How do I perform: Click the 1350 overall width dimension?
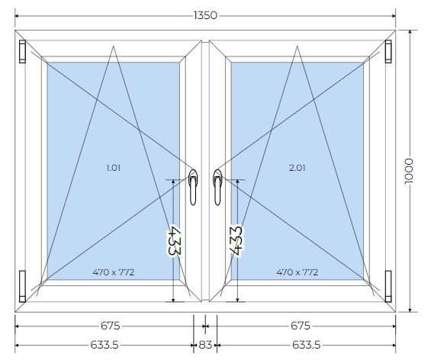coord(205,15)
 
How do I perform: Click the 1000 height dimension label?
coord(409,171)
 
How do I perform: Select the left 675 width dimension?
coord(110,326)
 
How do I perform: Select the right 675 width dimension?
coord(301,326)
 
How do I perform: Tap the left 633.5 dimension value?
coord(105,345)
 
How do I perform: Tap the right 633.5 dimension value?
coord(306,345)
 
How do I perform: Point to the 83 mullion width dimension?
coord(205,345)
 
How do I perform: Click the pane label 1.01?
coord(113,168)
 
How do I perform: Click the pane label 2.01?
coord(298,168)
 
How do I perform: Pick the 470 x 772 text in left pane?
coord(114,272)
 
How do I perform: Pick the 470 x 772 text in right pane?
coord(298,272)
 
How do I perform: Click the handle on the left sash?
coord(193,187)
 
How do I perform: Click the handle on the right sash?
coord(217,187)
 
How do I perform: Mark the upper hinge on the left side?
coord(22,51)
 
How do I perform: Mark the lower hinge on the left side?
coord(22,286)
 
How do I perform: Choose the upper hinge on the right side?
coord(388,51)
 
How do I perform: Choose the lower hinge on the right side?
coord(388,286)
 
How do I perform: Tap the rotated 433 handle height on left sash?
coord(174,240)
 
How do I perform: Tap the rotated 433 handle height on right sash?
coord(236,241)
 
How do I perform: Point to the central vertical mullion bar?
coord(205,171)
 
